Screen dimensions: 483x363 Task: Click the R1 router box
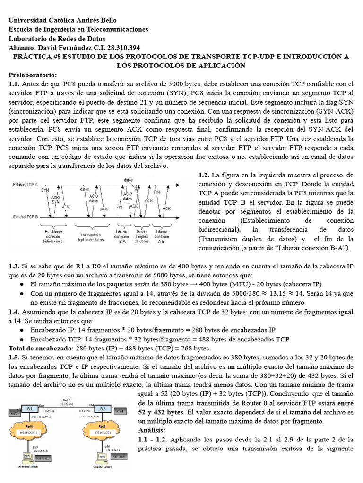29,408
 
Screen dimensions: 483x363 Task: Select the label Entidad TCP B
26,217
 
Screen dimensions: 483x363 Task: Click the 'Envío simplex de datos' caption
141,237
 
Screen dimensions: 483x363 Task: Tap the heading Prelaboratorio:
33,75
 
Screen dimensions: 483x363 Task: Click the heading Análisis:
152,430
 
